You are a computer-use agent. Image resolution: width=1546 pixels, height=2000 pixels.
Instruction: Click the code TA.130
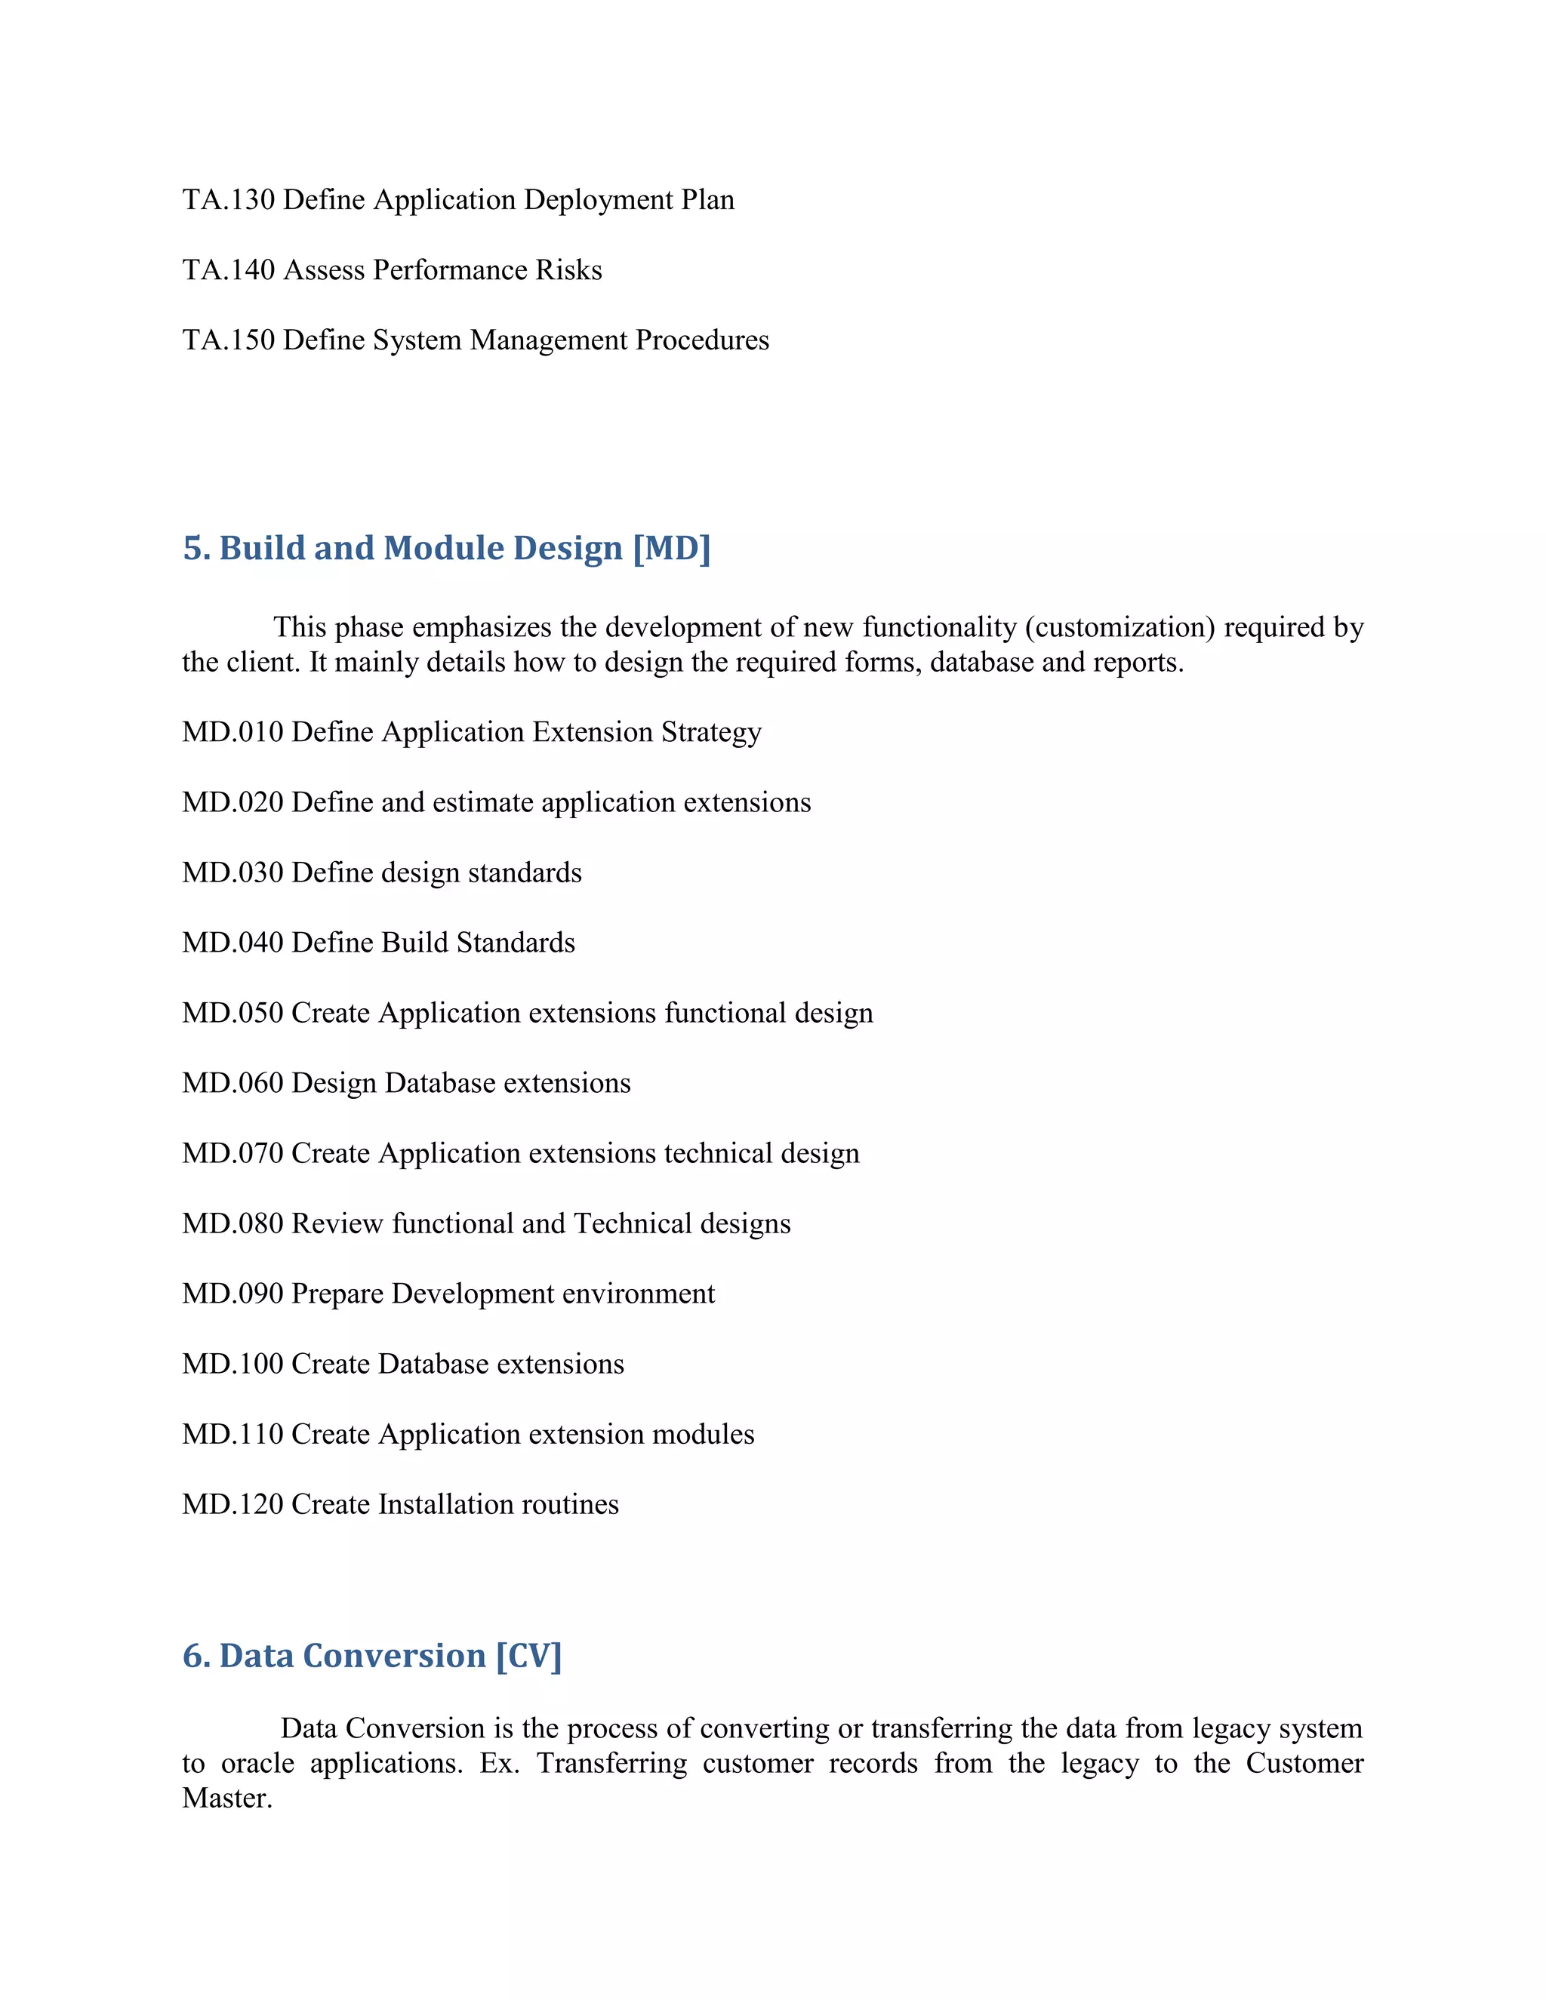pyautogui.click(x=228, y=200)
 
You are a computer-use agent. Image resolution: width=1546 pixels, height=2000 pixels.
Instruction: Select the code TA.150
pyautogui.click(x=228, y=340)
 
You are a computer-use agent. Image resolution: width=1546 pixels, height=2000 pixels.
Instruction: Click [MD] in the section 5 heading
pyautogui.click(x=671, y=548)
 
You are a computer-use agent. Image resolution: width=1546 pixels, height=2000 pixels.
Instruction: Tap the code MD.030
pyautogui.click(x=233, y=872)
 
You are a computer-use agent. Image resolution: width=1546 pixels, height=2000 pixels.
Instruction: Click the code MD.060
pyautogui.click(x=233, y=1083)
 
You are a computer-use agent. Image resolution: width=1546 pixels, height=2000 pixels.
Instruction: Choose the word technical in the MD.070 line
pyautogui.click(x=717, y=1154)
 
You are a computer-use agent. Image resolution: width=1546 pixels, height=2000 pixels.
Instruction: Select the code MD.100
pyautogui.click(x=233, y=1365)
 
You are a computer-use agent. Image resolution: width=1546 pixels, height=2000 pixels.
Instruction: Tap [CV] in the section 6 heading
pyautogui.click(x=528, y=1656)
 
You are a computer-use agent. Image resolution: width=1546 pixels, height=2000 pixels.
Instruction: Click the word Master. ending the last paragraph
pyautogui.click(x=227, y=1798)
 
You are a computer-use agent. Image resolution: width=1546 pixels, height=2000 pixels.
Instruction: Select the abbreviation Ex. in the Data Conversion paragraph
pyautogui.click(x=499, y=1764)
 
